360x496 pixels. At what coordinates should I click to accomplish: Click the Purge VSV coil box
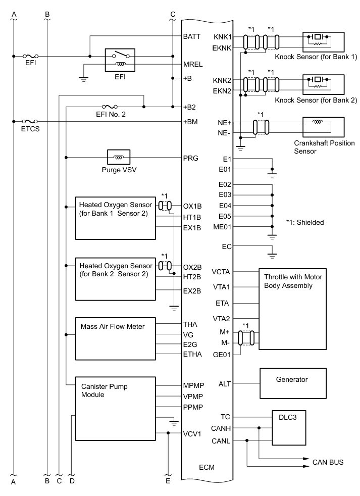119,157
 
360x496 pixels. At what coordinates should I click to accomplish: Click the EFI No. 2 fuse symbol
110,107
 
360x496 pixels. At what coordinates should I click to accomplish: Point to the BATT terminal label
192,37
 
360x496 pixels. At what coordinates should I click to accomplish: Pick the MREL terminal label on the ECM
192,65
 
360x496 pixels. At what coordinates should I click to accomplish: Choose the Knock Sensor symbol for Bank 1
323,40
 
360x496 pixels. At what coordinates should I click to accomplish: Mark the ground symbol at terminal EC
272,255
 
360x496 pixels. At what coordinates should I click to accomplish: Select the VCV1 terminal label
192,433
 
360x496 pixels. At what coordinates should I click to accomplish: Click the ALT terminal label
225,383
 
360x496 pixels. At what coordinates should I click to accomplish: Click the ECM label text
207,467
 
